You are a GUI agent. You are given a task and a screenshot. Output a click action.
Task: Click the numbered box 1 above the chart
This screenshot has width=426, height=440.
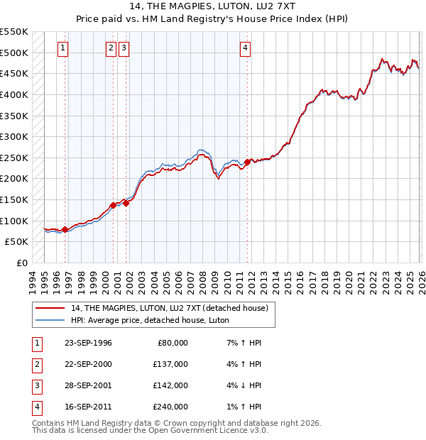click(x=63, y=48)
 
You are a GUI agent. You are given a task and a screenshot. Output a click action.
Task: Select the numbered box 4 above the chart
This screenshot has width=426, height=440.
click(x=245, y=48)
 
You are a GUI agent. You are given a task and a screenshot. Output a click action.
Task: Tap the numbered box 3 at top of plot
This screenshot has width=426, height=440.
click(x=124, y=48)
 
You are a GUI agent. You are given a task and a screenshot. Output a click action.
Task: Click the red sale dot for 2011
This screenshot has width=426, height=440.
click(x=248, y=162)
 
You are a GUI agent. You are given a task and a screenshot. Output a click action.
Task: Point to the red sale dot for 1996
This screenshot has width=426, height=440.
click(x=65, y=229)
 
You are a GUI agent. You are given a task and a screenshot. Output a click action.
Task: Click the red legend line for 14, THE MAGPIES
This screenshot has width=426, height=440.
click(x=50, y=308)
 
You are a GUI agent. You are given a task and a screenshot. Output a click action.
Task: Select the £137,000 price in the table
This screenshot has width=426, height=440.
click(x=170, y=364)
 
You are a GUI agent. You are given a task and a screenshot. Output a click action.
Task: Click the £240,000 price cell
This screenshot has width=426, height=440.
click(x=170, y=407)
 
